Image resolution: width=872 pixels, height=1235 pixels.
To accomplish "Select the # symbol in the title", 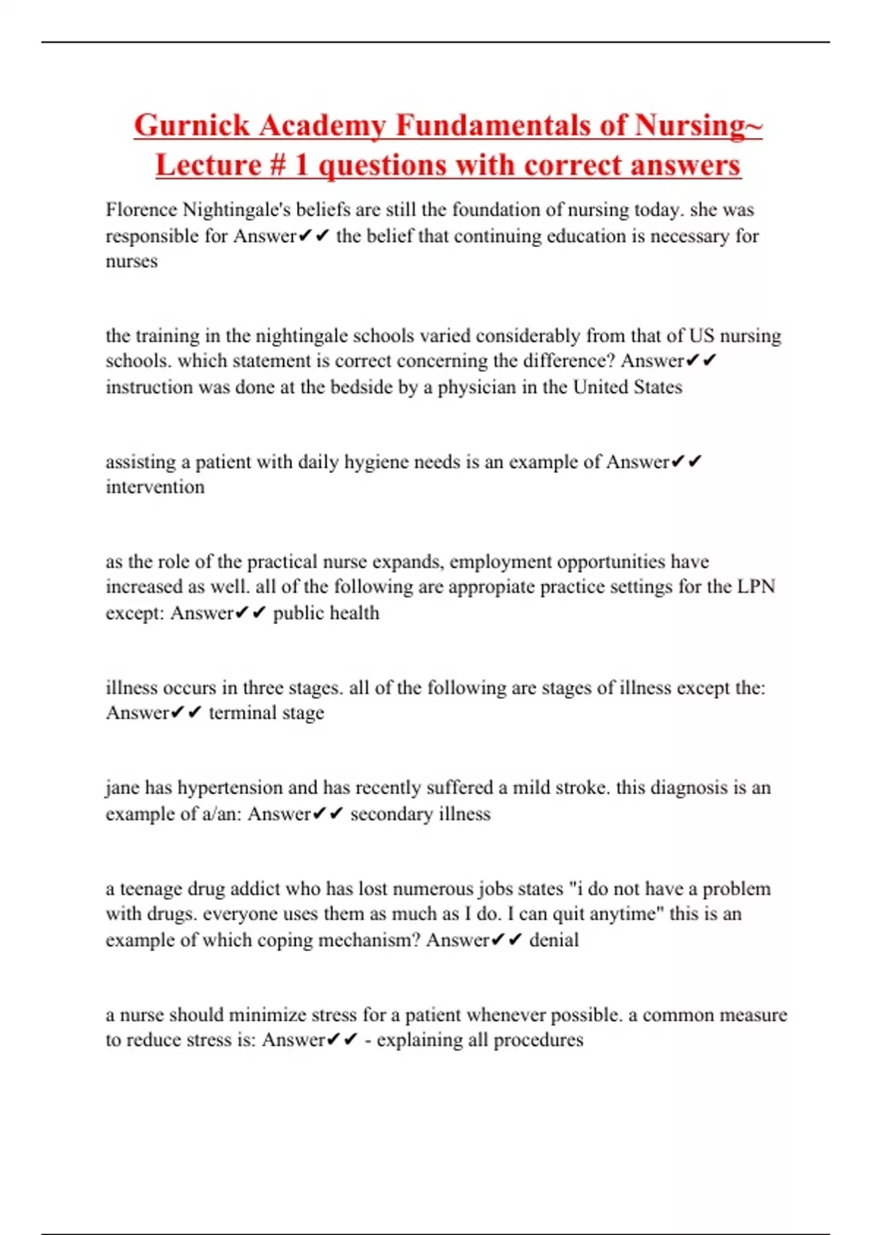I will point(277,166).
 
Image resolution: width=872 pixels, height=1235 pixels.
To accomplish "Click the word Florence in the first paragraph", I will point(141,210).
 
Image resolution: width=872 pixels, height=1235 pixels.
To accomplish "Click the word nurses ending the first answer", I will point(132,262).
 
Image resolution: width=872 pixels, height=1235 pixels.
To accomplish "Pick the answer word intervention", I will point(155,487).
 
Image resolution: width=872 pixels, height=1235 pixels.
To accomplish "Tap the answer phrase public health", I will point(326,613).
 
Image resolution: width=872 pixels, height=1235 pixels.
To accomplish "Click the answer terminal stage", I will point(266,713).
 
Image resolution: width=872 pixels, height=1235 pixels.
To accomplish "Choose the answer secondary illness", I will point(420,814).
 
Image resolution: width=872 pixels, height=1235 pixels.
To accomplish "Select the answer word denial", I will point(554,940).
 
